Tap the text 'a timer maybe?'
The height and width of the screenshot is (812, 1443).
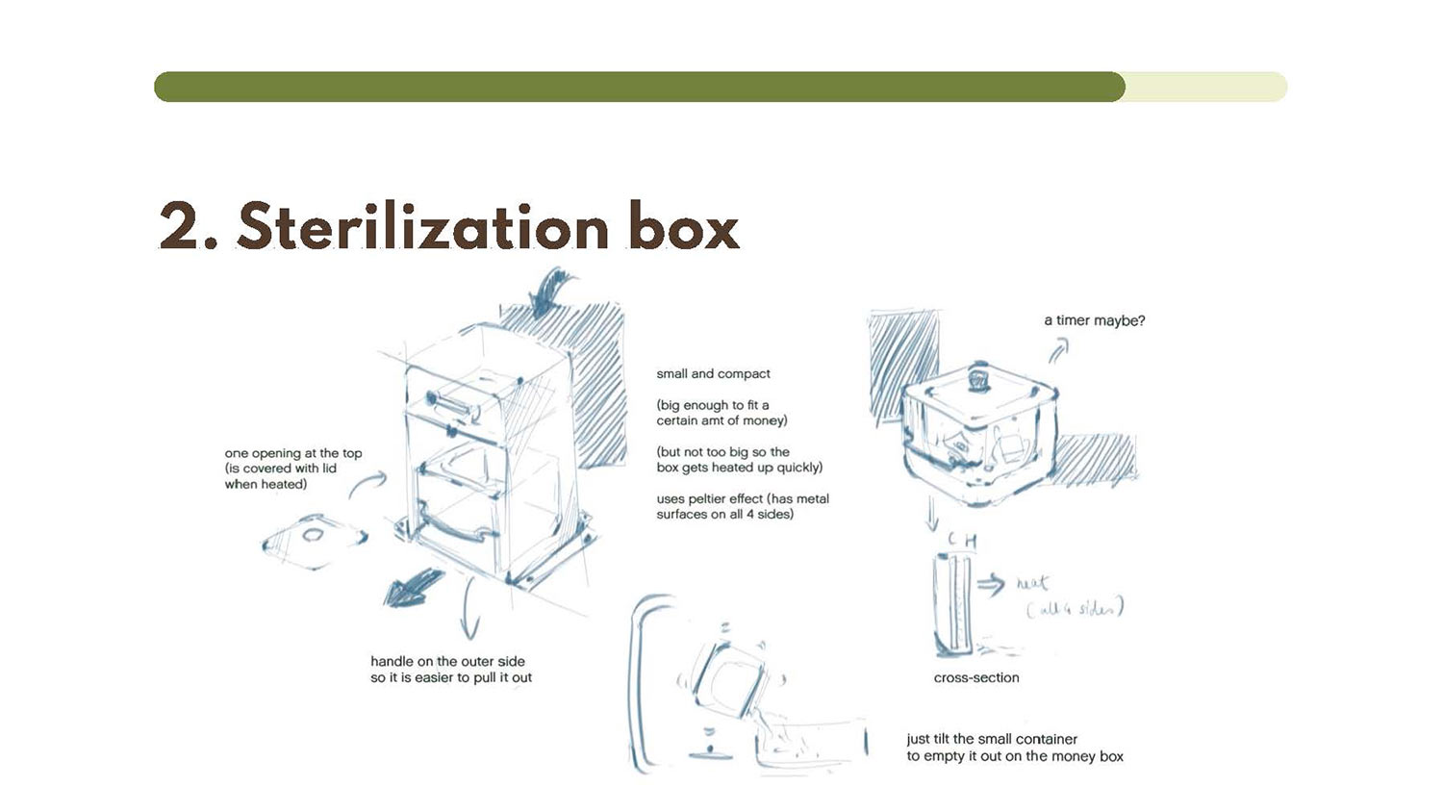pos(1095,320)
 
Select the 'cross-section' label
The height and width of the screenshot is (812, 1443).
pos(976,677)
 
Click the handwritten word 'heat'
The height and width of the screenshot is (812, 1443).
pos(1032,583)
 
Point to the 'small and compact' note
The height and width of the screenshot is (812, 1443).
pos(713,374)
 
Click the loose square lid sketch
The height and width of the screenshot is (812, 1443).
pos(315,542)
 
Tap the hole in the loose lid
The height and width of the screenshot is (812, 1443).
pos(314,535)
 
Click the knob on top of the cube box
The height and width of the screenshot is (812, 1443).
pos(978,379)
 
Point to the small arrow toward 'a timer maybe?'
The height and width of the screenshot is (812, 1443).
pos(1058,351)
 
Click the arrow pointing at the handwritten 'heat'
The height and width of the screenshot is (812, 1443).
pos(991,584)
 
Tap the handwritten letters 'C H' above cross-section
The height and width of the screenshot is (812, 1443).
pos(962,540)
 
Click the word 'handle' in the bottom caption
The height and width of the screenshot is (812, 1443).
pos(392,661)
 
